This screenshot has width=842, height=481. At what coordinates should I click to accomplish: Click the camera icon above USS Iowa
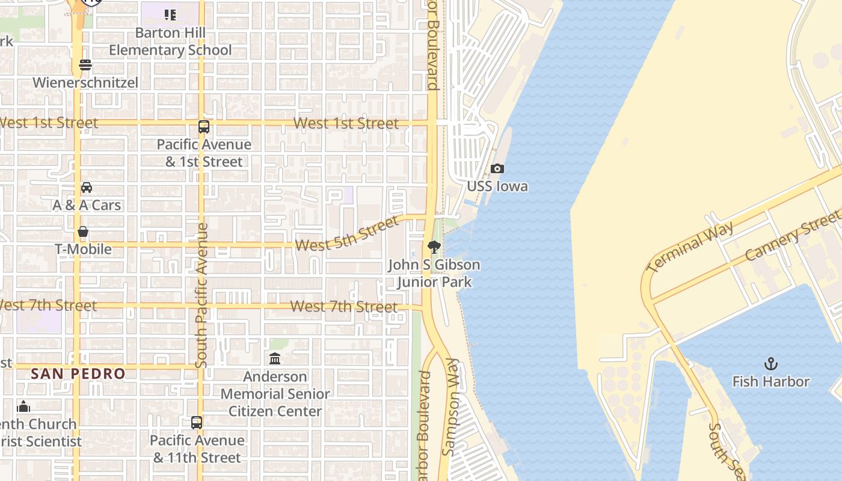pos(497,169)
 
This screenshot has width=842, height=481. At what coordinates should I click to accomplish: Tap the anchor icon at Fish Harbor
pos(770,363)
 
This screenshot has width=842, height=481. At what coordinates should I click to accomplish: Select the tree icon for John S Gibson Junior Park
pos(434,247)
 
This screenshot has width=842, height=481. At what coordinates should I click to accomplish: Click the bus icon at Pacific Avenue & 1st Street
pos(204,127)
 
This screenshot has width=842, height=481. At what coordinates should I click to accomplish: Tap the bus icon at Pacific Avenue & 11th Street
pos(197,423)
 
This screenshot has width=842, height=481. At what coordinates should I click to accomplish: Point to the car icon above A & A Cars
pos(87,188)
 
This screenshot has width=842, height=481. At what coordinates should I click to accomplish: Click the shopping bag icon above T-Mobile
pos(83,231)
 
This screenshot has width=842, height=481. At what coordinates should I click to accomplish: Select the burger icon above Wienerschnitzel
pos(85,65)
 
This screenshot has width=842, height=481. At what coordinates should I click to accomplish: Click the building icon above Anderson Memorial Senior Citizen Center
pos(275,359)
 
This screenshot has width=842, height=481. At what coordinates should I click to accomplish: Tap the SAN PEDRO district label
pos(78,373)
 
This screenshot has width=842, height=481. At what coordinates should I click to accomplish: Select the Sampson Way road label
pos(450,406)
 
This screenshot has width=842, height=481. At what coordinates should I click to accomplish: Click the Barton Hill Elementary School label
pos(170,41)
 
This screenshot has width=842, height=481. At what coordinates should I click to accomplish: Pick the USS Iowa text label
pos(497,186)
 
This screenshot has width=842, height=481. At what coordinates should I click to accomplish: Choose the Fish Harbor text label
pos(770,381)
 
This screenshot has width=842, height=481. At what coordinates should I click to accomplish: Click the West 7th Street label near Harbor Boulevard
pos(343,307)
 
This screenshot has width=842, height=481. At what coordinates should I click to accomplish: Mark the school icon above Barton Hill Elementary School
pos(170,14)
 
